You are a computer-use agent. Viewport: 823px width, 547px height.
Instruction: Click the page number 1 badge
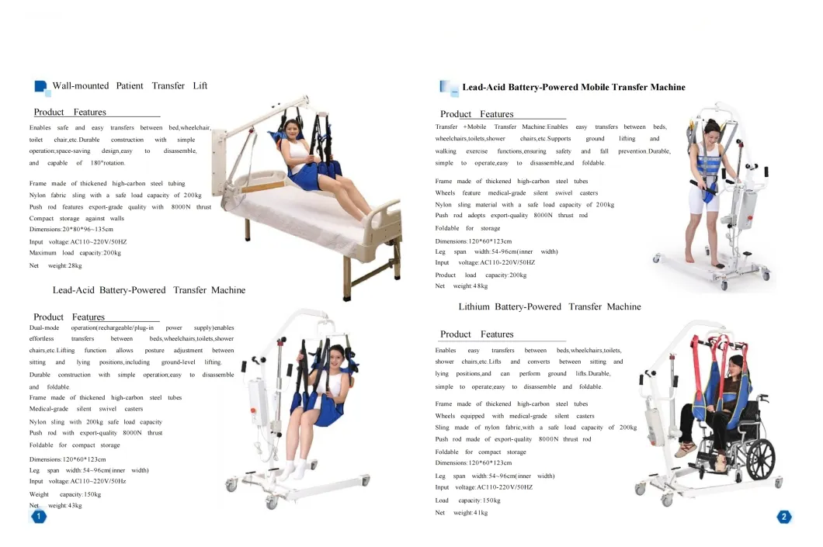38,517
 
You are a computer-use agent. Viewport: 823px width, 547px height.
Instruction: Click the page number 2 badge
783,517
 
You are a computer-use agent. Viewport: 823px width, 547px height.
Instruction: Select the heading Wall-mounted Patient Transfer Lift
130,86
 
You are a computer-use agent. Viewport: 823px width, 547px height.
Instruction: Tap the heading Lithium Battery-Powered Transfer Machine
550,306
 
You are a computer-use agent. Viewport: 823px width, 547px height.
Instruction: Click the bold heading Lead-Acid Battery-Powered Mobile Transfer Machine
574,87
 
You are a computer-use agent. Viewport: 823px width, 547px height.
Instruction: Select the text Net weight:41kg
461,512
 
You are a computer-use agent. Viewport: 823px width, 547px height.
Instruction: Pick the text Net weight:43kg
56,506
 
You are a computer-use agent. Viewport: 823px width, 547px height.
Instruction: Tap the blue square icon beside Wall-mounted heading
40,87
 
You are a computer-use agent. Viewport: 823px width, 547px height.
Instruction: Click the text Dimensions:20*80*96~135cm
71,229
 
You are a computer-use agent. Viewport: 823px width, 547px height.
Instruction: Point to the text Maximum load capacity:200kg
75,253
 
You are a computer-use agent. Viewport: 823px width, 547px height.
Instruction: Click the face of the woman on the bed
291,129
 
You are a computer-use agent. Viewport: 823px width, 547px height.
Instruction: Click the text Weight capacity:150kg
65,494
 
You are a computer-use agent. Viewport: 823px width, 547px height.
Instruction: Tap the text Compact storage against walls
77,218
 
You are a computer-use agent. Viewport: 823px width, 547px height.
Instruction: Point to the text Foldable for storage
467,228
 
